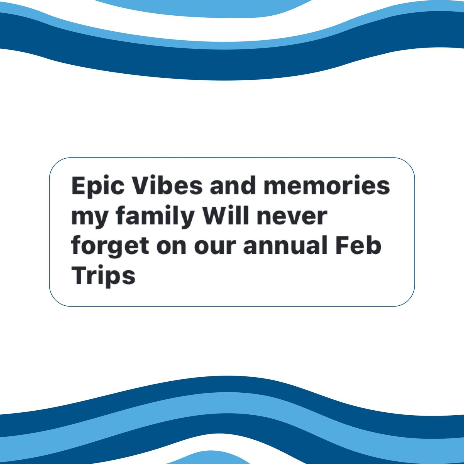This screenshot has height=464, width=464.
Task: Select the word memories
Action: [327, 185]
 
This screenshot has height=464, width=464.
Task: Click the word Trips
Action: [103, 276]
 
